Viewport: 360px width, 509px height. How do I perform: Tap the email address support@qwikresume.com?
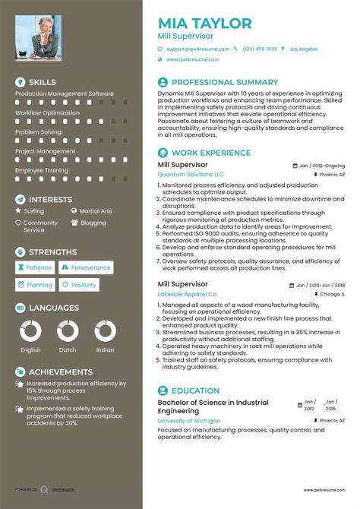pos(198,49)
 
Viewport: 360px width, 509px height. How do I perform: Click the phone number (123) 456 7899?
pos(260,49)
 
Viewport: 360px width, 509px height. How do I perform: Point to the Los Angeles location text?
pos(304,49)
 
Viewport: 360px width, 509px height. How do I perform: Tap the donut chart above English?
pos(30,330)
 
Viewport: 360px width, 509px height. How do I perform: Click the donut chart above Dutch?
pos(68,330)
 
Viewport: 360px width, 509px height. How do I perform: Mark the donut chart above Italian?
pos(105,330)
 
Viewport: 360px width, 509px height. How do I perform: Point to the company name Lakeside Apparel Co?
pos(187,293)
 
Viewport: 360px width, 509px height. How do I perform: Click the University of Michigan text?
pos(189,420)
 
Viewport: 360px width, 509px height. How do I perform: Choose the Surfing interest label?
pos(34,210)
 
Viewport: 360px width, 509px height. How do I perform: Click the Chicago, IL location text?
pos(332,293)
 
